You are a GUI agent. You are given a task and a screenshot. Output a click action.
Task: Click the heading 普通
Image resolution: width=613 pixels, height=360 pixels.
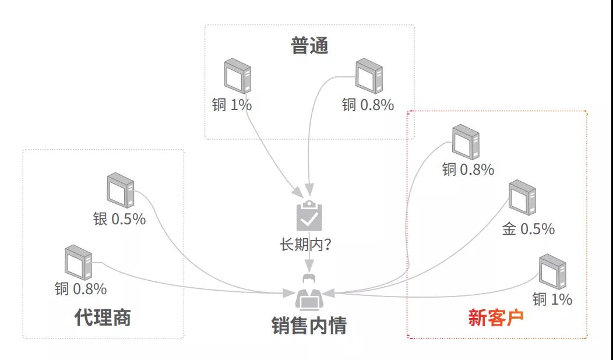tap(309, 46)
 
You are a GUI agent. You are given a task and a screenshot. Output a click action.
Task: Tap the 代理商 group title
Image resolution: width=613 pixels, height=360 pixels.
tap(103, 317)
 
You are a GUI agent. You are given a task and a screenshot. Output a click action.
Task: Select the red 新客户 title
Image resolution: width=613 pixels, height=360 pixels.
tap(496, 318)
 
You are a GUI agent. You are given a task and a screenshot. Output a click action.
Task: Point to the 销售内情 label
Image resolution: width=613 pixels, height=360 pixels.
tap(309, 326)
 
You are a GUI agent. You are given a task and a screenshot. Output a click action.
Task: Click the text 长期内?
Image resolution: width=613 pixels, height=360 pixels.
tap(306, 244)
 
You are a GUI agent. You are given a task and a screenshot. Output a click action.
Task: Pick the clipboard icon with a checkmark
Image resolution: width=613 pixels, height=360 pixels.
tap(309, 216)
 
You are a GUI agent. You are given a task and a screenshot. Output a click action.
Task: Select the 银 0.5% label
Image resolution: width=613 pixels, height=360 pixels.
tap(119, 220)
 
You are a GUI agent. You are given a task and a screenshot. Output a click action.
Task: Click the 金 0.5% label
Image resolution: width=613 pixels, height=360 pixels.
tap(528, 230)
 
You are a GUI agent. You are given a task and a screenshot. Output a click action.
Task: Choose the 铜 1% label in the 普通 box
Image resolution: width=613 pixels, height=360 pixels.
tap(232, 105)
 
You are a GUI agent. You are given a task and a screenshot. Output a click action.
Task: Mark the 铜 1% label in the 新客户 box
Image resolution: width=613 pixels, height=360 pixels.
tap(552, 299)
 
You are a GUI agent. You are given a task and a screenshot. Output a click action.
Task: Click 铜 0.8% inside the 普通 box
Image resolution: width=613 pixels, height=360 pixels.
tap(368, 105)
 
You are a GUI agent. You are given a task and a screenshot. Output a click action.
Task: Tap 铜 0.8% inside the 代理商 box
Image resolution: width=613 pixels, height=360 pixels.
tap(81, 288)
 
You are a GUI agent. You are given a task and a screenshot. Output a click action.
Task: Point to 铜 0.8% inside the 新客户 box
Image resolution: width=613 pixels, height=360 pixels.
tap(468, 170)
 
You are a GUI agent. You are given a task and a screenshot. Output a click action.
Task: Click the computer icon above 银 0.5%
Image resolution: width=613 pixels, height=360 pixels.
tap(121, 190)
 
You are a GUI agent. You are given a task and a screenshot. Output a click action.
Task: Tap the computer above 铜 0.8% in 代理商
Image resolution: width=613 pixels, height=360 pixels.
tap(79, 263)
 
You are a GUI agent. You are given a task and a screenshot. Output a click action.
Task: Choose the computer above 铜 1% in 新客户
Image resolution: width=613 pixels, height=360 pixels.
tap(552, 271)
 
